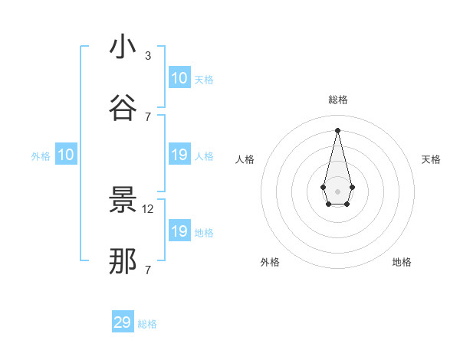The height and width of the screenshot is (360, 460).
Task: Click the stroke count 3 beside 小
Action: click(x=148, y=56)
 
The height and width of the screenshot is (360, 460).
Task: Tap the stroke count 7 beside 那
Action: click(x=148, y=270)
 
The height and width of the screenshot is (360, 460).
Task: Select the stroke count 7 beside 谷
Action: click(x=148, y=116)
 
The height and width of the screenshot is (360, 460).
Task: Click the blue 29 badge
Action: click(x=123, y=322)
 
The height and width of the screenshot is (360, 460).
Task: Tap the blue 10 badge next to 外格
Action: click(x=66, y=155)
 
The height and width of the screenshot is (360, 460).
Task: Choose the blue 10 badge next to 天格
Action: click(x=179, y=78)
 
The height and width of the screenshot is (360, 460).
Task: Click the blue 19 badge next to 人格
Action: click(x=179, y=155)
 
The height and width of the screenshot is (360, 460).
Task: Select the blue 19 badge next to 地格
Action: click(x=179, y=231)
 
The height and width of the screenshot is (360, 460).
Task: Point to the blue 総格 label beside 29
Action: click(x=147, y=324)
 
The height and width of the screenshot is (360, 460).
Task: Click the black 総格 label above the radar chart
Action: click(x=338, y=100)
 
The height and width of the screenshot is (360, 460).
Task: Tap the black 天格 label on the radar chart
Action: click(x=431, y=159)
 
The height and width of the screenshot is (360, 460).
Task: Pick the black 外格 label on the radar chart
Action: click(x=270, y=262)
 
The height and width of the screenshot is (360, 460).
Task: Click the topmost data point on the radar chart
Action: click(x=337, y=129)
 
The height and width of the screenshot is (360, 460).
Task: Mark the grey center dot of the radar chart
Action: click(x=337, y=190)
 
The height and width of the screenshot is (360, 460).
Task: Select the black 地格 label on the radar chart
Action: click(x=402, y=262)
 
